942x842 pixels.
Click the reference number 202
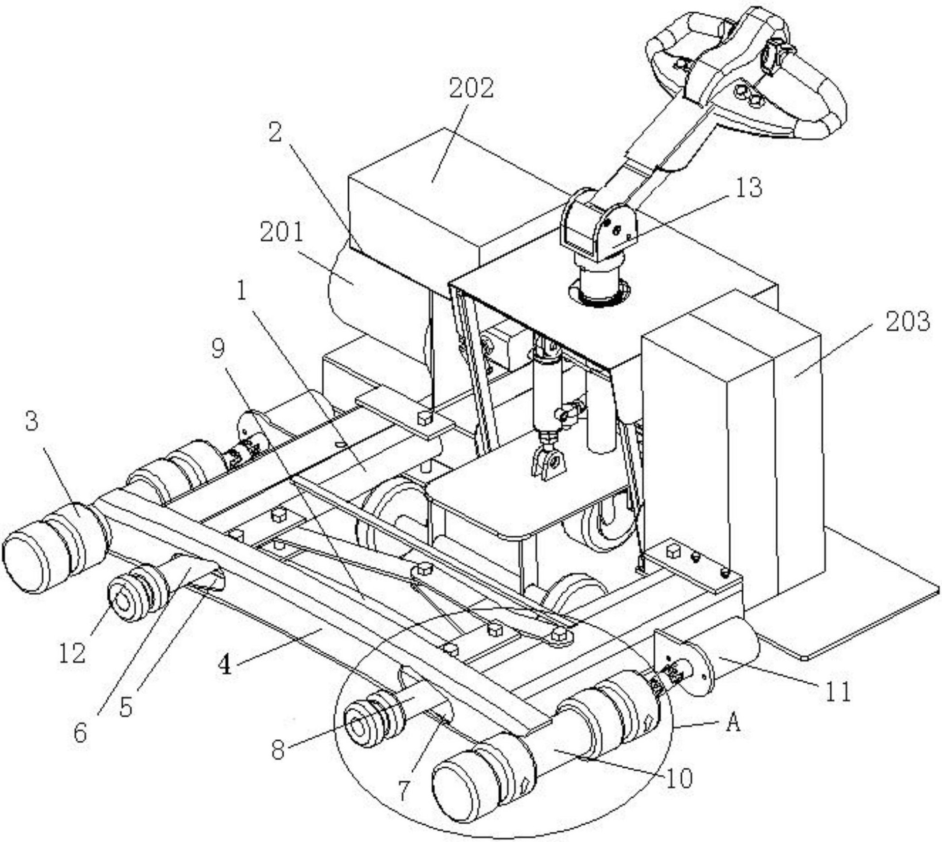click(471, 88)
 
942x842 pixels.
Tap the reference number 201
click(282, 233)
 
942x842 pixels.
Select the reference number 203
click(907, 322)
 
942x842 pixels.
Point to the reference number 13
click(748, 187)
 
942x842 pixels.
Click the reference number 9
click(218, 349)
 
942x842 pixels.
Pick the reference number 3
click(32, 422)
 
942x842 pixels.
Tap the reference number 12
click(72, 653)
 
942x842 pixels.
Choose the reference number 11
click(836, 691)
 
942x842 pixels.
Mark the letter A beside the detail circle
click(733, 722)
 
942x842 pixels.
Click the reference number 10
click(679, 778)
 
